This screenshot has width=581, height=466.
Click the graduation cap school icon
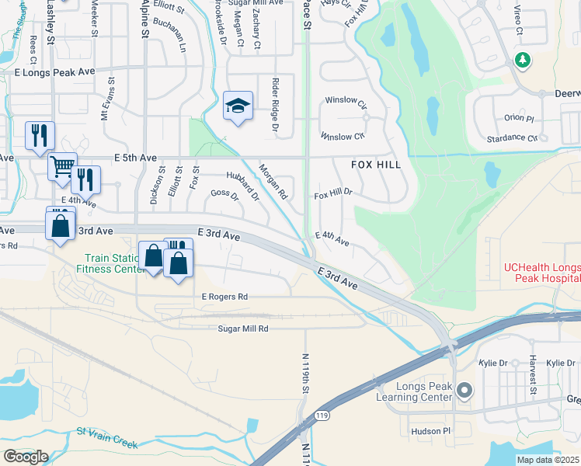coord(238,106)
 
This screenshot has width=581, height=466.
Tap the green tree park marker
coord(524,60)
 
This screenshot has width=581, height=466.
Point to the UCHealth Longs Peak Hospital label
coord(541,273)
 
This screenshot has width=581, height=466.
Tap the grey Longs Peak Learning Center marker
coord(464,389)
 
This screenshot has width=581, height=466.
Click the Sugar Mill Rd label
coord(242,329)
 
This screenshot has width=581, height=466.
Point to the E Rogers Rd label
coord(224,297)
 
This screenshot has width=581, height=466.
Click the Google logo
coord(26,457)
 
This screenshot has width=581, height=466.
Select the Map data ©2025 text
coord(548,460)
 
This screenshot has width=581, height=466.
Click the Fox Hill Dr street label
coord(333,192)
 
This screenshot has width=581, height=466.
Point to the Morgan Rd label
coord(273,181)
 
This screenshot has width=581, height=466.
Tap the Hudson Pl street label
coord(431,430)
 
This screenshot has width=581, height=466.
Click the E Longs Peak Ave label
coord(54,71)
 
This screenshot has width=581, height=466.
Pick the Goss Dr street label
coord(224,194)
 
